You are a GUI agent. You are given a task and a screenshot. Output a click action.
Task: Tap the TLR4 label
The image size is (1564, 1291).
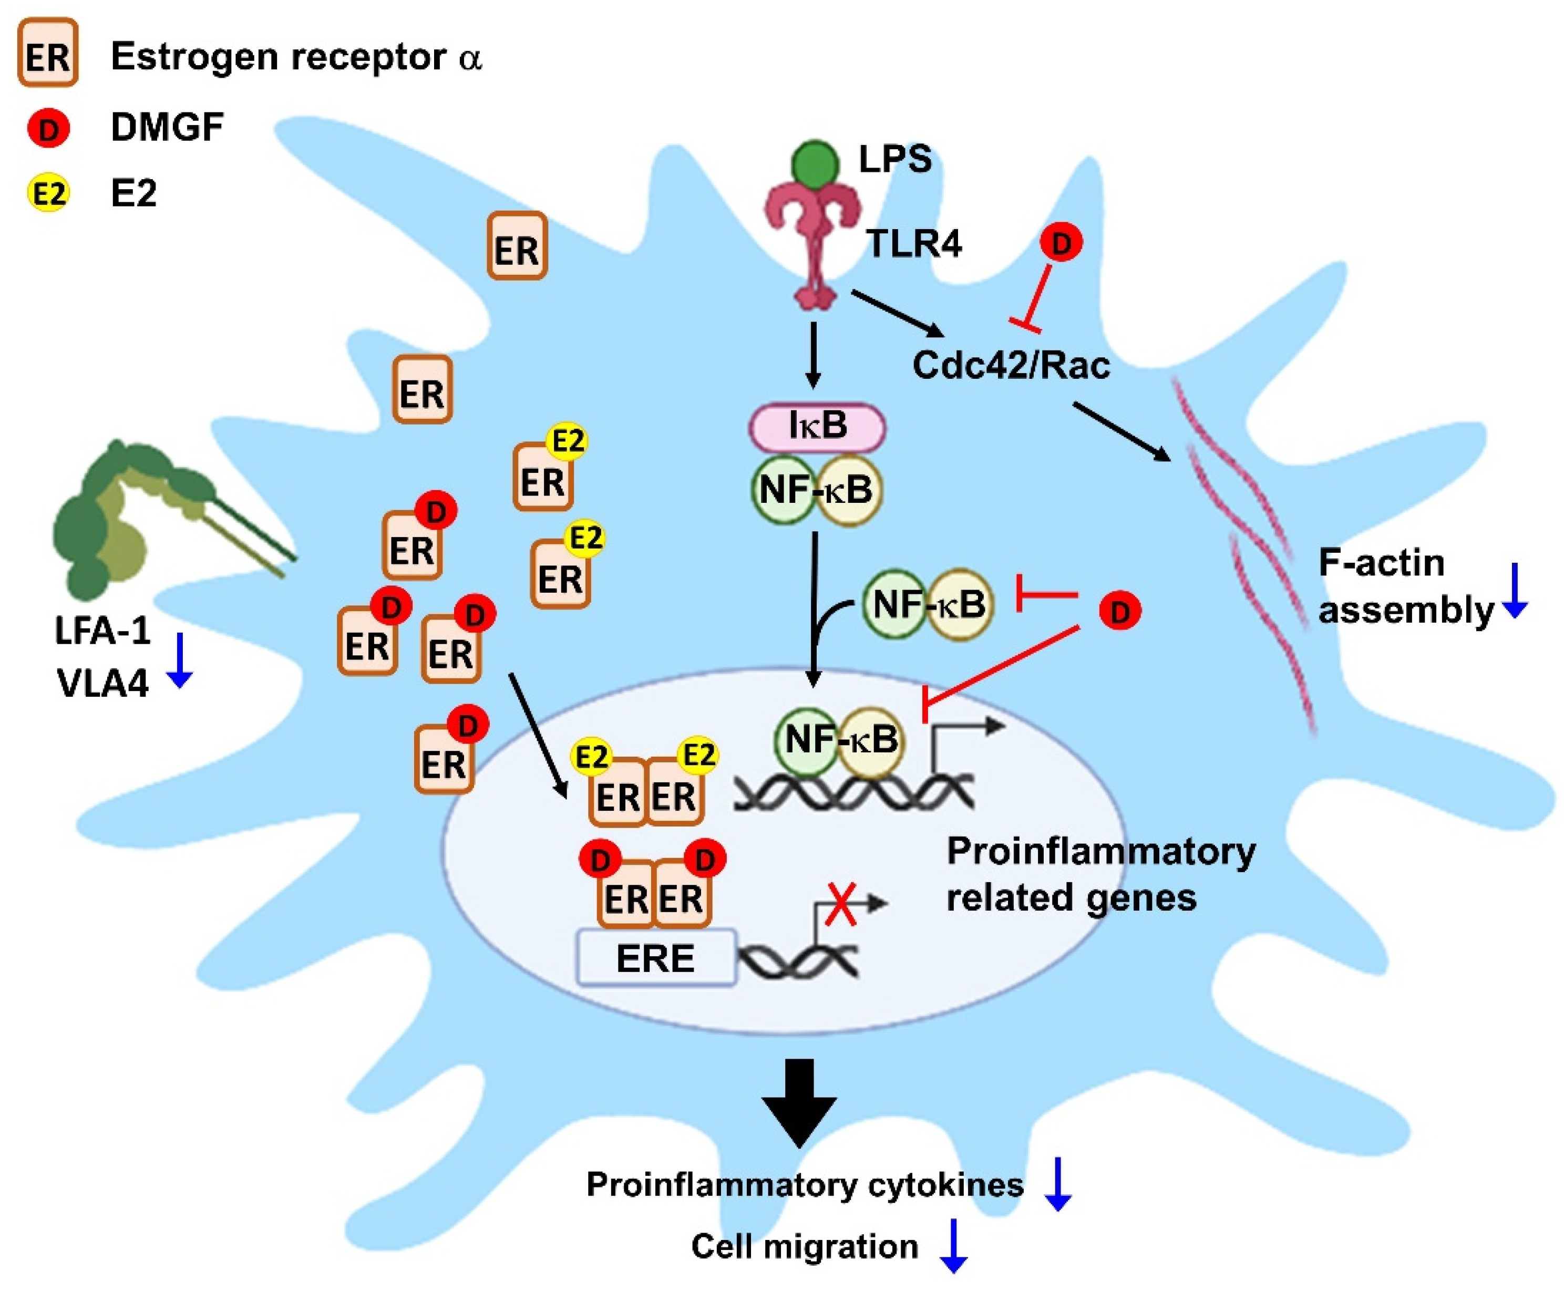coord(913,243)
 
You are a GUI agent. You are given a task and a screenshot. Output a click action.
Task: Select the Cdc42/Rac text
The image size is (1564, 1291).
coord(1011,365)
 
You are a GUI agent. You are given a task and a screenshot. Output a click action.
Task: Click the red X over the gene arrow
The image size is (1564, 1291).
coord(841,904)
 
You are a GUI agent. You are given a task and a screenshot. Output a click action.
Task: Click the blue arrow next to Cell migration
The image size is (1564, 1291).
coord(953,1246)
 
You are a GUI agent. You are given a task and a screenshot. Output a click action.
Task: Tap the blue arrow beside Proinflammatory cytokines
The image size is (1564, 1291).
coord(1057,1185)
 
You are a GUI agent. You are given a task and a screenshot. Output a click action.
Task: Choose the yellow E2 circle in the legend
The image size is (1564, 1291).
coord(48,193)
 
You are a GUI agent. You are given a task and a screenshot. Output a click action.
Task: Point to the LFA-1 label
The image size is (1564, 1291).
coord(102,631)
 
